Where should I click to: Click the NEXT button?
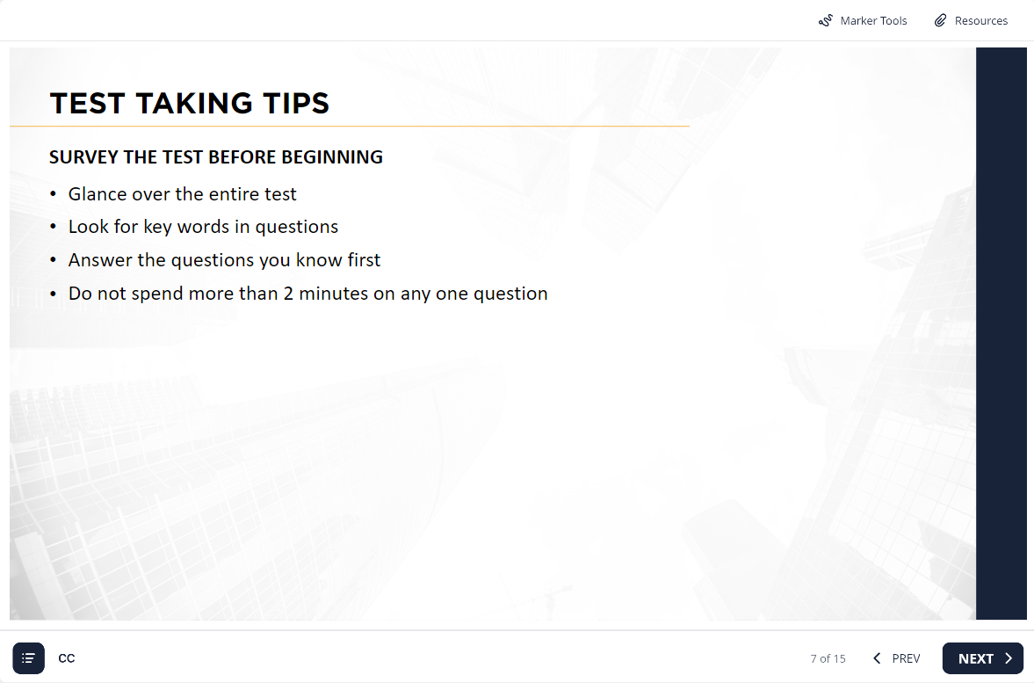tap(982, 658)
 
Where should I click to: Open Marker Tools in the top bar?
tap(863, 20)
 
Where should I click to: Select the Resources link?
tap(971, 20)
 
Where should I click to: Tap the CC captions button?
tap(67, 658)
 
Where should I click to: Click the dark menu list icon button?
tap(28, 658)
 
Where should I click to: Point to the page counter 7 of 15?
tap(828, 658)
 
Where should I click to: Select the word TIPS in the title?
tap(296, 104)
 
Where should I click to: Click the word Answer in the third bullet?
tap(100, 260)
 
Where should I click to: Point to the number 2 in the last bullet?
tap(288, 294)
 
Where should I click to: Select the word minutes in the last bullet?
tap(334, 294)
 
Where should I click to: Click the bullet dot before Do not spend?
tap(54, 294)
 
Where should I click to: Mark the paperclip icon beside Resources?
tap(940, 20)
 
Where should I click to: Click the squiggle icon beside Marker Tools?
tap(826, 21)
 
